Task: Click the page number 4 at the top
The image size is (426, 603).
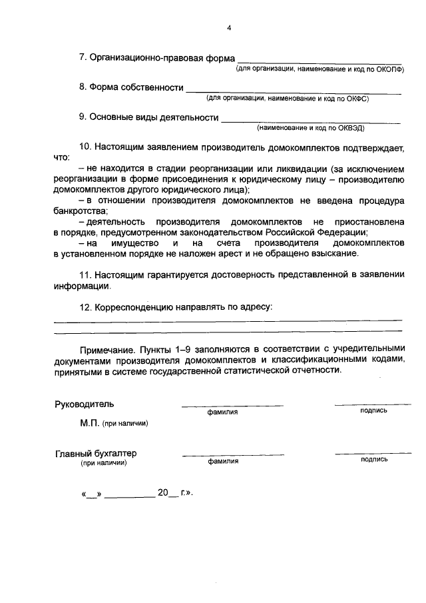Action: coord(228,28)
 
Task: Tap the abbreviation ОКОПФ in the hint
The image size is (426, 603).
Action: coord(389,69)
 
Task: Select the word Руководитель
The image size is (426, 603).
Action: coord(84,404)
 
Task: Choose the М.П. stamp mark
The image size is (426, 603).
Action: coord(89,422)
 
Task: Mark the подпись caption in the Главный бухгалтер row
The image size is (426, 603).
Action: coord(373,460)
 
